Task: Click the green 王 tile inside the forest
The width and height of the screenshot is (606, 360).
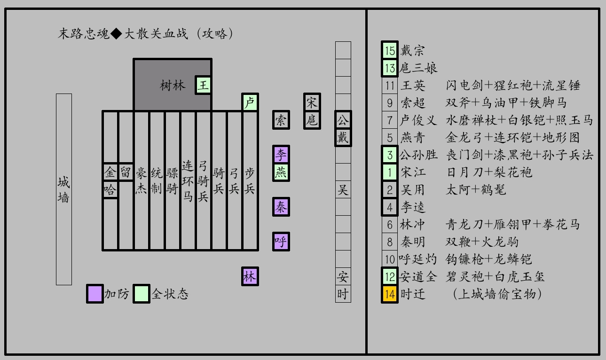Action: pos(203,85)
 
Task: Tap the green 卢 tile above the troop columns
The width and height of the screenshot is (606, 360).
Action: pos(250,102)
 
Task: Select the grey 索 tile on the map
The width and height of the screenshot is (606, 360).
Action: pos(281,120)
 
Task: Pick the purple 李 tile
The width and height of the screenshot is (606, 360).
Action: pos(281,155)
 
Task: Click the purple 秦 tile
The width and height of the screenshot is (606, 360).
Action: pos(281,207)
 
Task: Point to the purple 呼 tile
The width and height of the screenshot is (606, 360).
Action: pos(281,242)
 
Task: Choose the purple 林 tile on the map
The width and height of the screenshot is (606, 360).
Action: pos(250,276)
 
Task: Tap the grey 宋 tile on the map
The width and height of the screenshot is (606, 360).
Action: pos(312,102)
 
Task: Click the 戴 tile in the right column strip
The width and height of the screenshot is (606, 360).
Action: pos(343,137)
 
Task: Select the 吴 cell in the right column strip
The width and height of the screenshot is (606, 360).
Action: pos(343,189)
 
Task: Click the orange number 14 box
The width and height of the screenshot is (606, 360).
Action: pos(390,294)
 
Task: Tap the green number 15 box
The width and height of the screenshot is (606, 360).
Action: pos(390,50)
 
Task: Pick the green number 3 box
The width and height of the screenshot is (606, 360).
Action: pos(390,155)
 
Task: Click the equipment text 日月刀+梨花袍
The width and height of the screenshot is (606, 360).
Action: pos(489,172)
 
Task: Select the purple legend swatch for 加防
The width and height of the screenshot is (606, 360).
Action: pos(95,294)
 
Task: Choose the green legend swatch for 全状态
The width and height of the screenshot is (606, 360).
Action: pos(142,294)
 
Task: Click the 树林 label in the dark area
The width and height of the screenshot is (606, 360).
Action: pos(173,86)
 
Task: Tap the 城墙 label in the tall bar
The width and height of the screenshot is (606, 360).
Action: pos(63,189)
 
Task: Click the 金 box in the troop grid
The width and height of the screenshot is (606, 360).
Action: pos(110,172)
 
